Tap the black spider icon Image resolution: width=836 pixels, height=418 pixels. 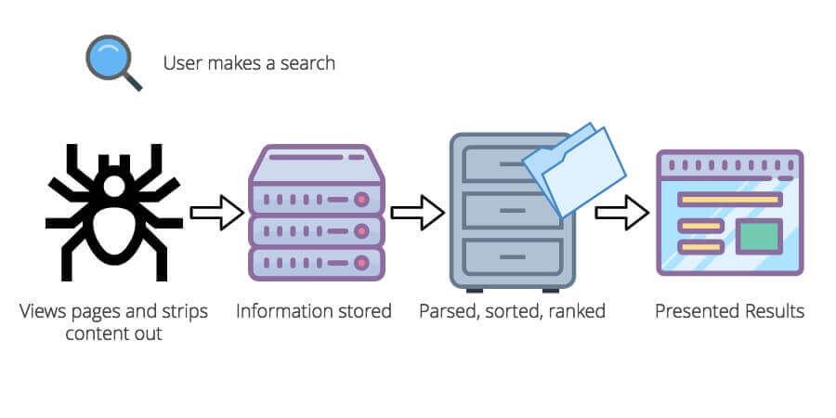click(113, 211)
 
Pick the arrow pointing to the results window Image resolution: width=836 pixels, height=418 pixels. click(620, 213)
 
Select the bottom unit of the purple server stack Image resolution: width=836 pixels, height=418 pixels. click(316, 261)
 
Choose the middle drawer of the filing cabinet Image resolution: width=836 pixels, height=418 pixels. click(506, 212)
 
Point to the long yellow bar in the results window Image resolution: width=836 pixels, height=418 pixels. click(729, 199)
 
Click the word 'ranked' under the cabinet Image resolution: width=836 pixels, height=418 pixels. click(576, 311)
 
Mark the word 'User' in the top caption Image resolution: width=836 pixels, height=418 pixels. click(181, 63)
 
